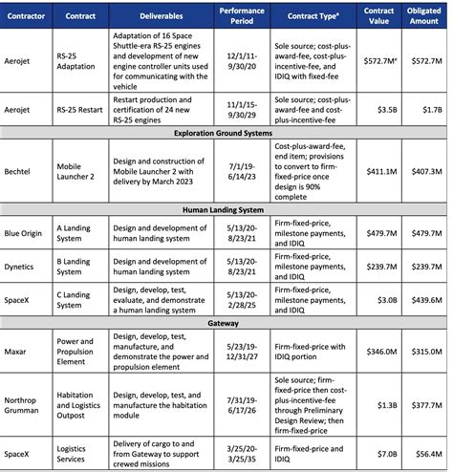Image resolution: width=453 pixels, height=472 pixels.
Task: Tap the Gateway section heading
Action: point(226,322)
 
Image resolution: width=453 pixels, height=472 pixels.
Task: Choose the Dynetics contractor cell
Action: point(25,267)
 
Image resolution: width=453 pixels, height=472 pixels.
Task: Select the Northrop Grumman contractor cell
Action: point(27,400)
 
